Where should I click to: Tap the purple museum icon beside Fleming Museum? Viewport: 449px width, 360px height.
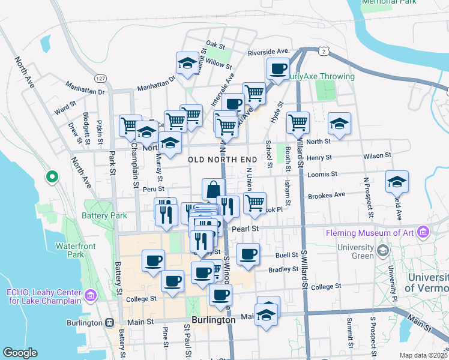pyautogui.click(x=424, y=232)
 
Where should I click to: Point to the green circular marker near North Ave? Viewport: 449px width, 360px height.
pyautogui.click(x=52, y=178)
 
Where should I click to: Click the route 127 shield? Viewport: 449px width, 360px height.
pyautogui.click(x=100, y=79)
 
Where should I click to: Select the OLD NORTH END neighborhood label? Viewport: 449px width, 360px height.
pyautogui.click(x=223, y=160)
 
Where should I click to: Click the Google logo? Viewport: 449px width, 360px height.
pyautogui.click(x=20, y=353)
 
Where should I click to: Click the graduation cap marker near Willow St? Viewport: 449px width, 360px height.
pyautogui.click(x=188, y=63)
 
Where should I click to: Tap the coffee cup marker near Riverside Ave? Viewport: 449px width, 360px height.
pyautogui.click(x=278, y=68)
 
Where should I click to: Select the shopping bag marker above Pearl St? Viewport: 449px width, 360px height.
pyautogui.click(x=213, y=190)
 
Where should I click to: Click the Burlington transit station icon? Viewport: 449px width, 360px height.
pyautogui.click(x=109, y=322)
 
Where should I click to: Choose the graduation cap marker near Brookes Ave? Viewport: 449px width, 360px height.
pyautogui.click(x=397, y=181)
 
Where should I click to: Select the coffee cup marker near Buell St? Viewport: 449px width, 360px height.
pyautogui.click(x=248, y=254)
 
